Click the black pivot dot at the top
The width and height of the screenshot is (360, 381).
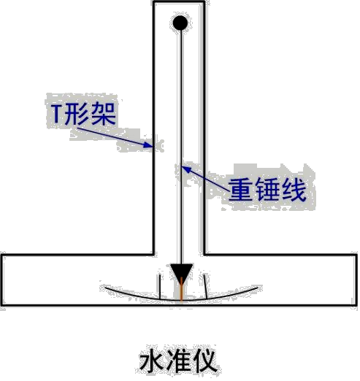(x=180, y=23)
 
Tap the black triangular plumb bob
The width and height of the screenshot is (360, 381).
(x=181, y=272)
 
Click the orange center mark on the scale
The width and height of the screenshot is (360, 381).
(x=181, y=290)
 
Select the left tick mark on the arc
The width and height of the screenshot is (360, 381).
(x=160, y=287)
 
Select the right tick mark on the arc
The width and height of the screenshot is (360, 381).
(x=205, y=286)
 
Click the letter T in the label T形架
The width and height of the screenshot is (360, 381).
(x=56, y=114)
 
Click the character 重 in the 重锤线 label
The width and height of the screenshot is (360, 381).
(x=240, y=190)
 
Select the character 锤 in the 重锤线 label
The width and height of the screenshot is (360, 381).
(x=267, y=190)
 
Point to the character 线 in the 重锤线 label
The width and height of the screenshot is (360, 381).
(x=294, y=190)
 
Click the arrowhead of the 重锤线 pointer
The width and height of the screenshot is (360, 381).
(x=185, y=169)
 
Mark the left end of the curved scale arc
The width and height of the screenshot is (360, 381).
(x=105, y=288)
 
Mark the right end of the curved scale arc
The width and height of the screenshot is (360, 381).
(x=258, y=288)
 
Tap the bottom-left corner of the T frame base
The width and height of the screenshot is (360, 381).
(x=1, y=305)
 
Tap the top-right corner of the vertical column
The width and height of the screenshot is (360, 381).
(x=204, y=2)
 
